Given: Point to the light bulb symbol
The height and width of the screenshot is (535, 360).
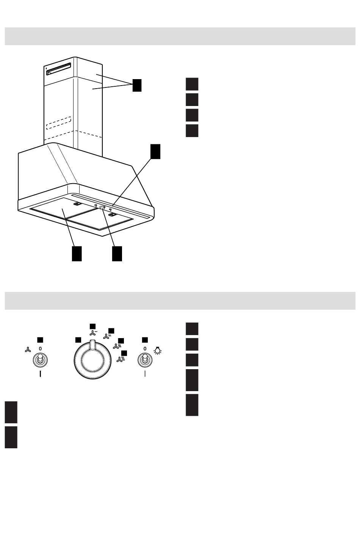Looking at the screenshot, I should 157,351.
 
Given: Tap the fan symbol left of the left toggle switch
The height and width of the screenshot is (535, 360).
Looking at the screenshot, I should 27,350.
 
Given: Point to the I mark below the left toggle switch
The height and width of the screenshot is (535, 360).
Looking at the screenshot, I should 40,375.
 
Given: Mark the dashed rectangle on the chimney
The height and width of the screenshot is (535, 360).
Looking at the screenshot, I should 59,123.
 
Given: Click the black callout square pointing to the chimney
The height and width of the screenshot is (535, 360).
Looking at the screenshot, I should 137,85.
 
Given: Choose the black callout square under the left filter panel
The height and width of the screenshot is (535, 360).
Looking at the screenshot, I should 77,253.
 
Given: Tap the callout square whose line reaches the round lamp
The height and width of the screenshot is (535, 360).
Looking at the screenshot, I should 117,253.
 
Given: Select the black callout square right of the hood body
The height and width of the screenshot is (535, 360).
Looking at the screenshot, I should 155,151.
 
